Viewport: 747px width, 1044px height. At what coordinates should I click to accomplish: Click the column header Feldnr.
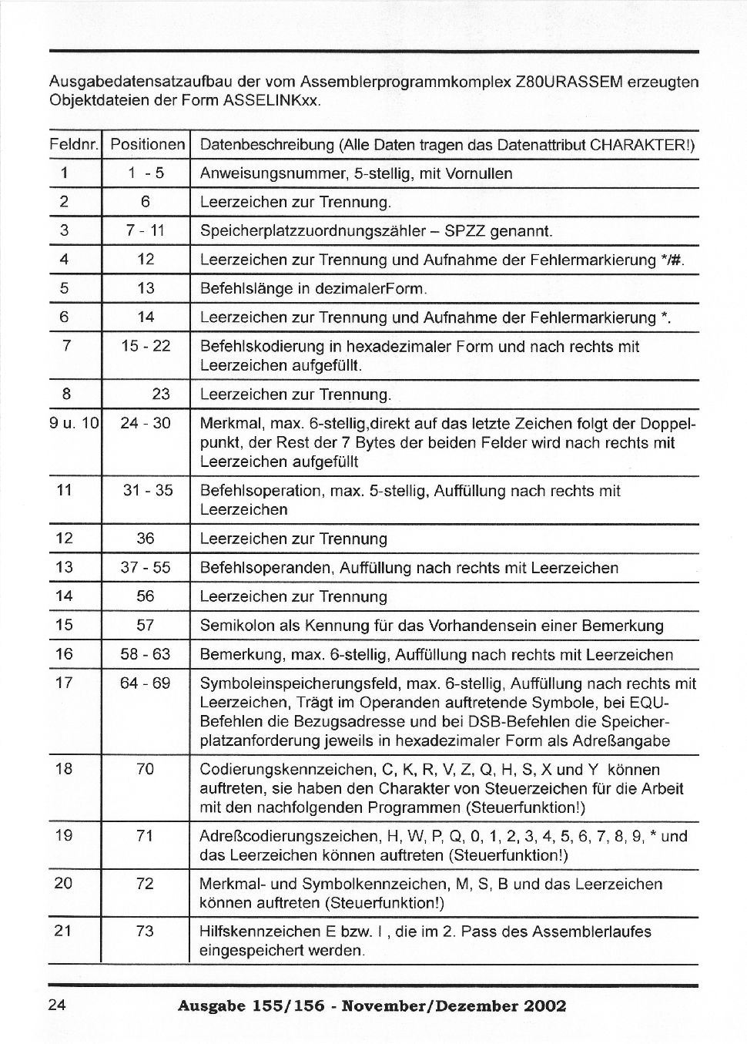pyautogui.click(x=75, y=145)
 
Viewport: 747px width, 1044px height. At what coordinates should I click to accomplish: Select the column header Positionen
pyautogui.click(x=147, y=145)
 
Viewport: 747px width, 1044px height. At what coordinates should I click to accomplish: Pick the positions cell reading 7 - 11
pyautogui.click(x=145, y=230)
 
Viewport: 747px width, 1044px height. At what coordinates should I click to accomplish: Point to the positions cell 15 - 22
pyautogui.click(x=145, y=346)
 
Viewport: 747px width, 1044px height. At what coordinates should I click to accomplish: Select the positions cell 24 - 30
pyautogui.click(x=145, y=423)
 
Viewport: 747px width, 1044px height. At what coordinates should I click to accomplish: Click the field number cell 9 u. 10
pyautogui.click(x=75, y=423)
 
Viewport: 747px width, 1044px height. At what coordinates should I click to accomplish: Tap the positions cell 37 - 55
pyautogui.click(x=145, y=568)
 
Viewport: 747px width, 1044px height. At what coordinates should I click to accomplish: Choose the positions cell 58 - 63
pyautogui.click(x=145, y=655)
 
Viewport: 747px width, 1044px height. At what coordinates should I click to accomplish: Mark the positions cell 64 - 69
pyautogui.click(x=145, y=683)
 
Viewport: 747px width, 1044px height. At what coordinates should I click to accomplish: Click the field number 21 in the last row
pyautogui.click(x=63, y=931)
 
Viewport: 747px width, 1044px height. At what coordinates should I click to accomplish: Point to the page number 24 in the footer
pyautogui.click(x=58, y=1005)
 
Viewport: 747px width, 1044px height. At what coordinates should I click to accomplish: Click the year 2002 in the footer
pyautogui.click(x=544, y=1006)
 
